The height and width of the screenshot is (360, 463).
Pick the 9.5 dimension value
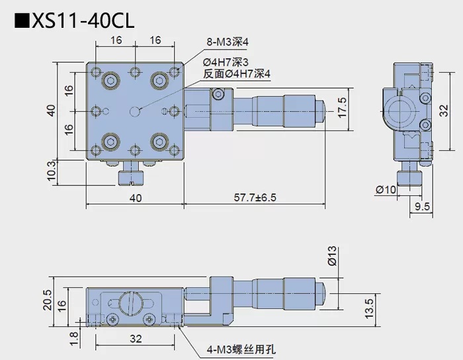click(x=423, y=207)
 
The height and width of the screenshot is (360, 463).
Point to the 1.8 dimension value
click(x=74, y=338)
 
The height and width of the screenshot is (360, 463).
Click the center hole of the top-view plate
click(x=136, y=111)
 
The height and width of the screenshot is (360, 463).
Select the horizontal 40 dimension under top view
click(x=135, y=198)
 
